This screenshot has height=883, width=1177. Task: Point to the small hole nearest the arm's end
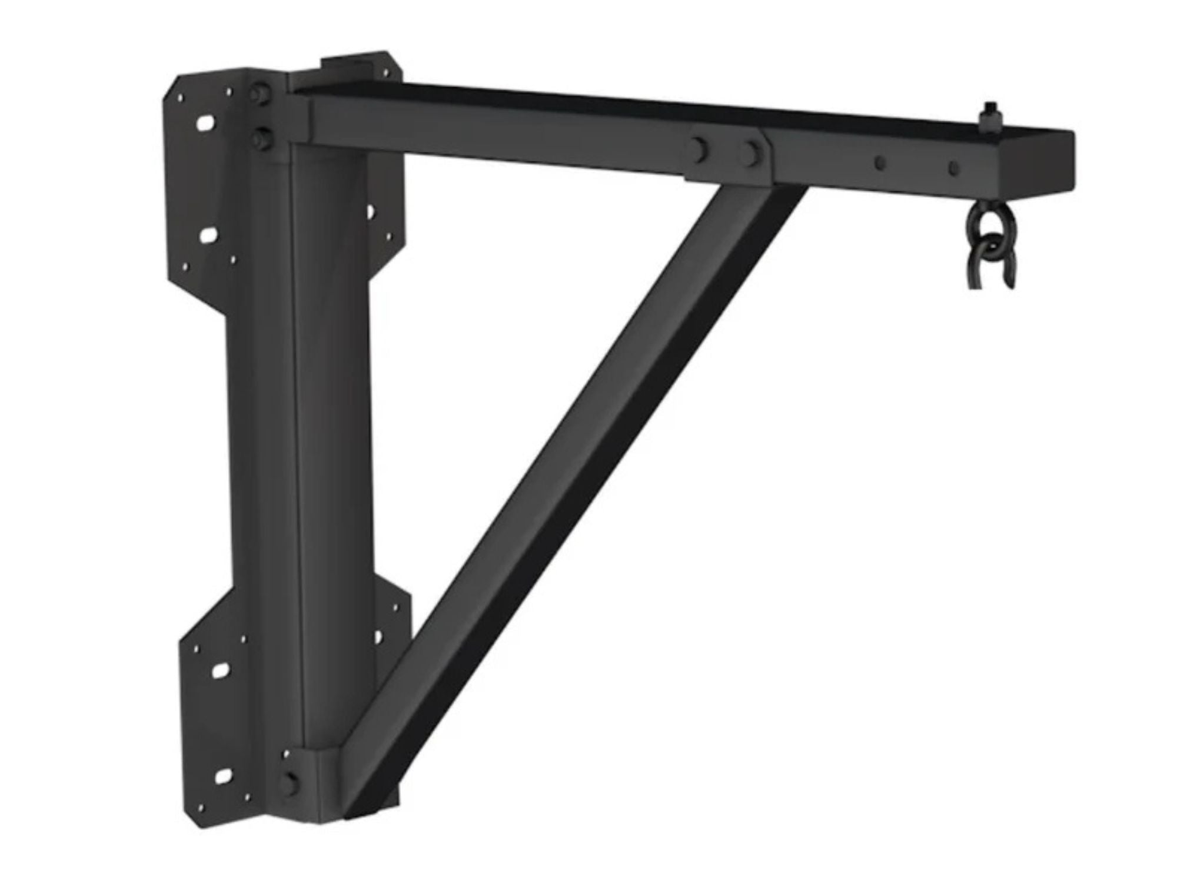click(953, 168)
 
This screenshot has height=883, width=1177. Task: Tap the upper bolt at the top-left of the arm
click(257, 94)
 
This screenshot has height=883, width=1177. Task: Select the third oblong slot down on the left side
click(220, 669)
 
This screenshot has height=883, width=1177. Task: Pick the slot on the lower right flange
click(378, 636)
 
